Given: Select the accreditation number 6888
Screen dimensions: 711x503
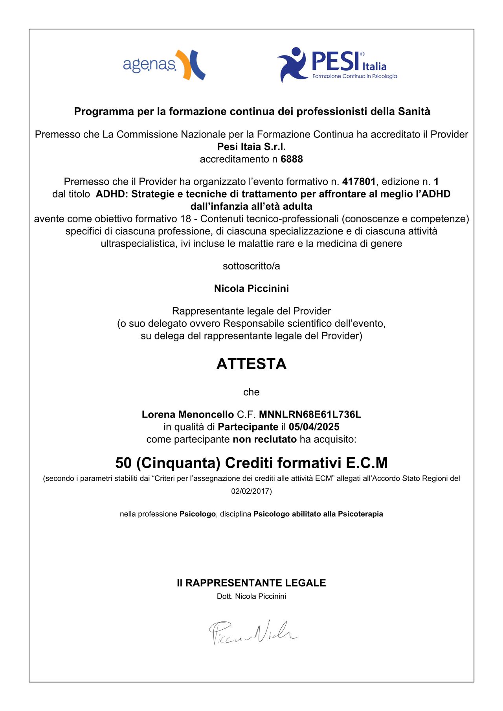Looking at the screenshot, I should [x=292, y=159].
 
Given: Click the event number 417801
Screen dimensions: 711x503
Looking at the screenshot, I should [x=359, y=181].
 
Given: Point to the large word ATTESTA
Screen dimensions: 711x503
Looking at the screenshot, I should [x=251, y=364].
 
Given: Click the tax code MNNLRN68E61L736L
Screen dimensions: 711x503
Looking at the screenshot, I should [x=310, y=414].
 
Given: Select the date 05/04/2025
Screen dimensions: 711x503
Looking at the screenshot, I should [x=314, y=427].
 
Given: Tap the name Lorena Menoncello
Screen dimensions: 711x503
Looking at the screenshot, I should [x=187, y=414].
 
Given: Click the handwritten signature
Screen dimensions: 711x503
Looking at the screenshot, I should [x=253, y=632].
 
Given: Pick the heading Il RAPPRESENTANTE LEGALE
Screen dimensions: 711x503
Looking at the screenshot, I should [x=251, y=583].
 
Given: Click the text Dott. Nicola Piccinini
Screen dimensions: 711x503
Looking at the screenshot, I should [x=251, y=596].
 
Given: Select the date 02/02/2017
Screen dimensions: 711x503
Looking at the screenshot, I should [x=250, y=491].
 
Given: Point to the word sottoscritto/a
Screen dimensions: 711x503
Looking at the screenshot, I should [x=251, y=266].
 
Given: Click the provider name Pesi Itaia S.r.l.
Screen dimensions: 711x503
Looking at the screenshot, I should [x=251, y=147].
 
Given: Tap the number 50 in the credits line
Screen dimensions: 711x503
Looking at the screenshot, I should [x=123, y=463].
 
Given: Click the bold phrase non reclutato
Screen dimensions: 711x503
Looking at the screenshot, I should [x=264, y=439].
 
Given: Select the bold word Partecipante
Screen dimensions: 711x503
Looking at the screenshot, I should [x=248, y=427].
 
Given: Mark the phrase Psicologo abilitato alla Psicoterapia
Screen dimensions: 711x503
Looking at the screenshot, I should [x=318, y=514].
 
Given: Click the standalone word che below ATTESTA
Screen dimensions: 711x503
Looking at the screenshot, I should [x=251, y=392].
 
